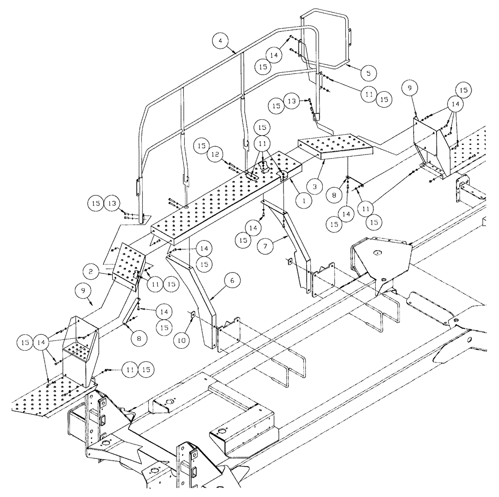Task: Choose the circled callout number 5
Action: (x=368, y=73)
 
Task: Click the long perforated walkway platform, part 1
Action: (x=225, y=200)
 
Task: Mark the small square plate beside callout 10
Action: (x=192, y=314)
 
